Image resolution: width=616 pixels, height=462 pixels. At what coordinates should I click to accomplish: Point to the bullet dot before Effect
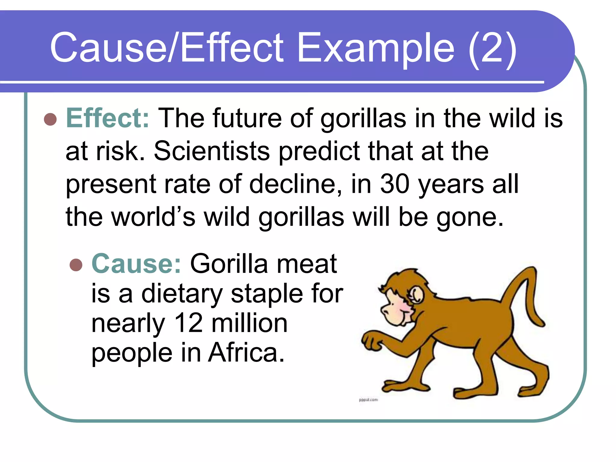[x=50, y=119]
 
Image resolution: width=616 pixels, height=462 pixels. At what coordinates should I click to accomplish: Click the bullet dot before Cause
[x=76, y=265]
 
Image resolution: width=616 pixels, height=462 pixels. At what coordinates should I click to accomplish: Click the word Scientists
[x=212, y=151]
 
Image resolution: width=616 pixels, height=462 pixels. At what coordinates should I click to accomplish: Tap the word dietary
[x=182, y=294]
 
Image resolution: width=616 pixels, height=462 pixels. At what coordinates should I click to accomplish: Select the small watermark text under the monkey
[x=368, y=400]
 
